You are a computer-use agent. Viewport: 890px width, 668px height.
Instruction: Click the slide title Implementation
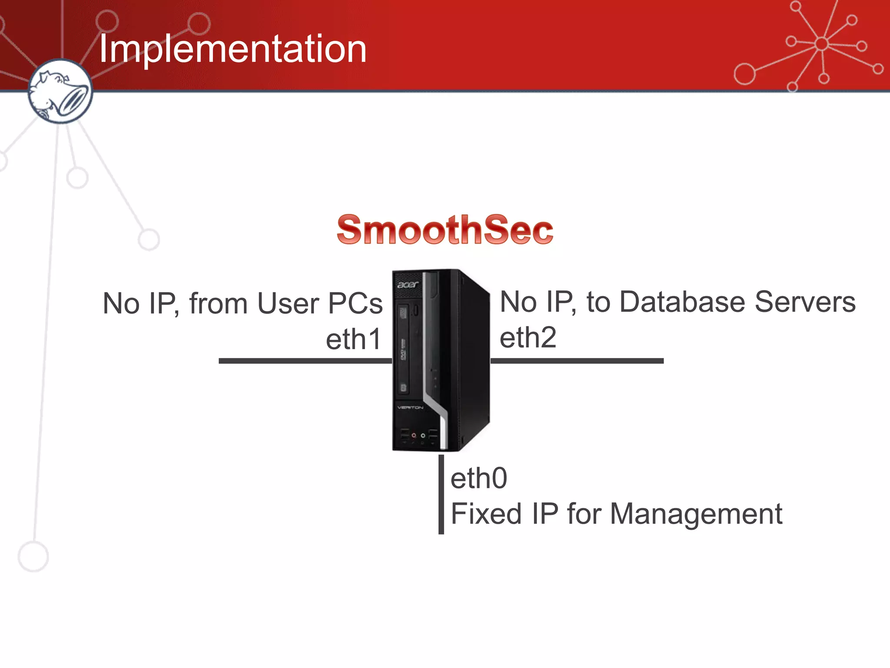(x=232, y=49)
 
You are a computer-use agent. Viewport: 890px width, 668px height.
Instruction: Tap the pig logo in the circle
(x=60, y=92)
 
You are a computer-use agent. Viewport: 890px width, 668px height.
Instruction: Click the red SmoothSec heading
(x=445, y=230)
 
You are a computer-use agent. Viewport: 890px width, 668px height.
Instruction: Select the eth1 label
(x=354, y=339)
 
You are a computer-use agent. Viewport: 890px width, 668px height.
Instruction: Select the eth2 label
(x=528, y=337)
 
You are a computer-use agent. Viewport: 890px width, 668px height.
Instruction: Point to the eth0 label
(x=478, y=478)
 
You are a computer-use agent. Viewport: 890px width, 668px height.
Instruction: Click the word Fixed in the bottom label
(x=486, y=514)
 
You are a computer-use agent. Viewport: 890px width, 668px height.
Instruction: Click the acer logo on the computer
(x=408, y=284)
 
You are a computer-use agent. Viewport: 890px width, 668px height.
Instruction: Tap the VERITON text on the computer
(x=410, y=407)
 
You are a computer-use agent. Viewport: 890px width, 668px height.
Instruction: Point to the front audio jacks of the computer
(x=418, y=435)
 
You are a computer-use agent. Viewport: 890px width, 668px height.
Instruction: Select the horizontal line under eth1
(x=304, y=361)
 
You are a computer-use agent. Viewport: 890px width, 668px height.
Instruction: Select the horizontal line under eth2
(x=577, y=361)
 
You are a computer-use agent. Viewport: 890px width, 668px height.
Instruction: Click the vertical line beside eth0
(x=441, y=494)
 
